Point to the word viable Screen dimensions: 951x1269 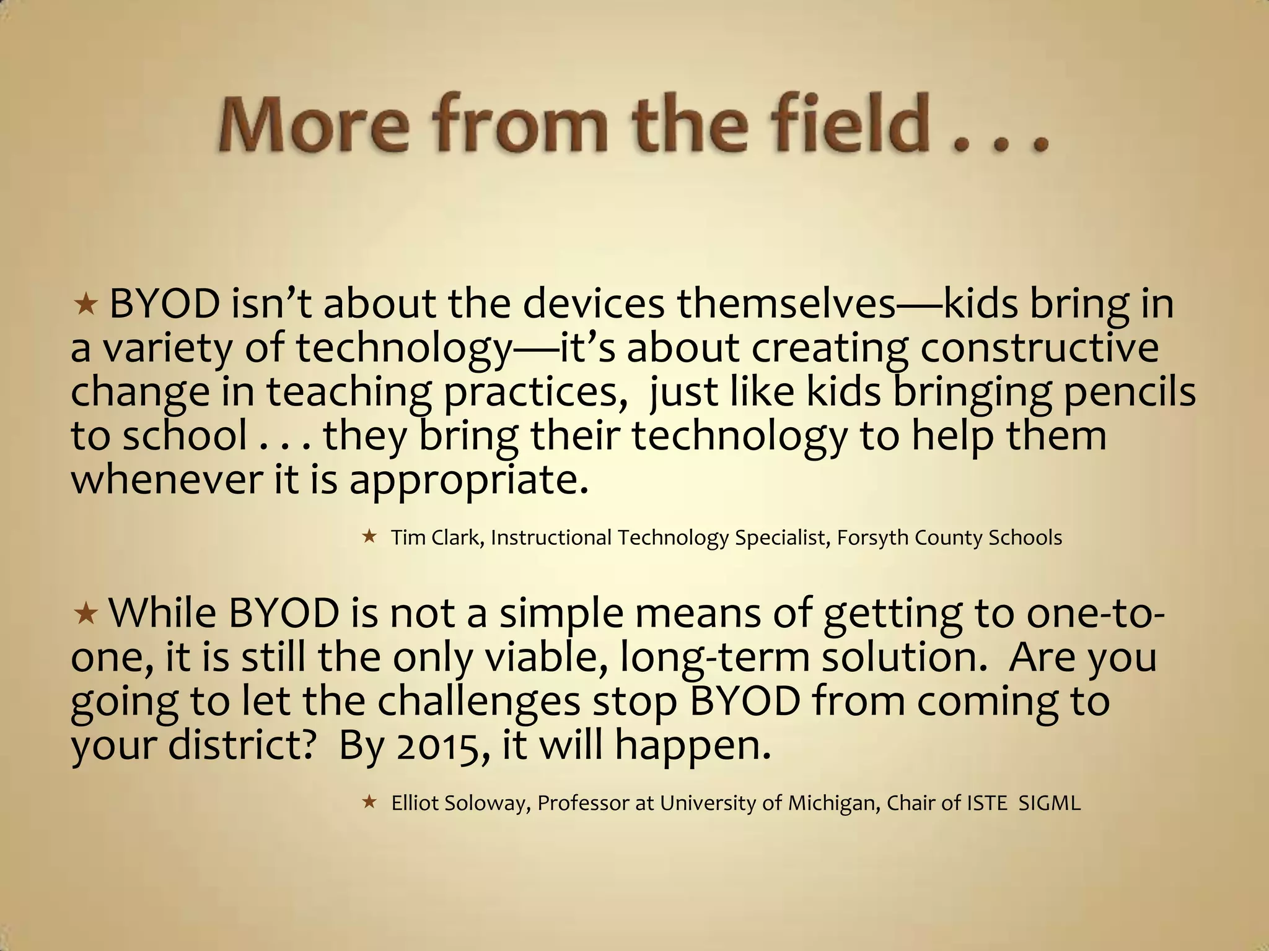click(x=545, y=658)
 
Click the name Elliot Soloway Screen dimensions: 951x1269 click(x=458, y=803)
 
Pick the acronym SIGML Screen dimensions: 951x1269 click(x=1049, y=803)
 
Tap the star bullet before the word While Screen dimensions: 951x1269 click(x=85, y=614)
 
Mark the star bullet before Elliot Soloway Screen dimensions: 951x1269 click(x=369, y=802)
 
